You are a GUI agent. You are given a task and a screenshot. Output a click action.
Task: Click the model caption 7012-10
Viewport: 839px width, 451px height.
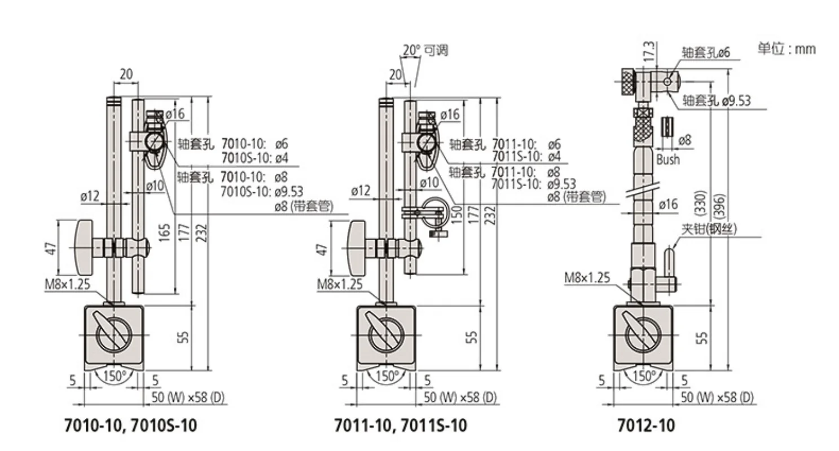tap(646, 426)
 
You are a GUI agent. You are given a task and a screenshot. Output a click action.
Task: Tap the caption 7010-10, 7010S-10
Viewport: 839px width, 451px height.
tap(131, 426)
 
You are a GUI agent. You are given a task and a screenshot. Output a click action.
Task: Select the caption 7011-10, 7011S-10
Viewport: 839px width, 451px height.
tap(401, 426)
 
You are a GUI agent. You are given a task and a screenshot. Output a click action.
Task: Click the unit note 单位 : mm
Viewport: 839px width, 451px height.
tap(787, 48)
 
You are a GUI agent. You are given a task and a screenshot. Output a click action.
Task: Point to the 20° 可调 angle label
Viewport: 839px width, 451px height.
tap(425, 50)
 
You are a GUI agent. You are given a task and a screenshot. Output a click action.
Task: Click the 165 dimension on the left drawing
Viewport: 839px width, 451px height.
tap(165, 232)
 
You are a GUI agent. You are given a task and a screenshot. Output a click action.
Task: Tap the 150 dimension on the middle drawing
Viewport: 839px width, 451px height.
tap(457, 215)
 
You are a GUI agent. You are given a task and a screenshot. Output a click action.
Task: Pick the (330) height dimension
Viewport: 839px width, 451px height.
tap(700, 204)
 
